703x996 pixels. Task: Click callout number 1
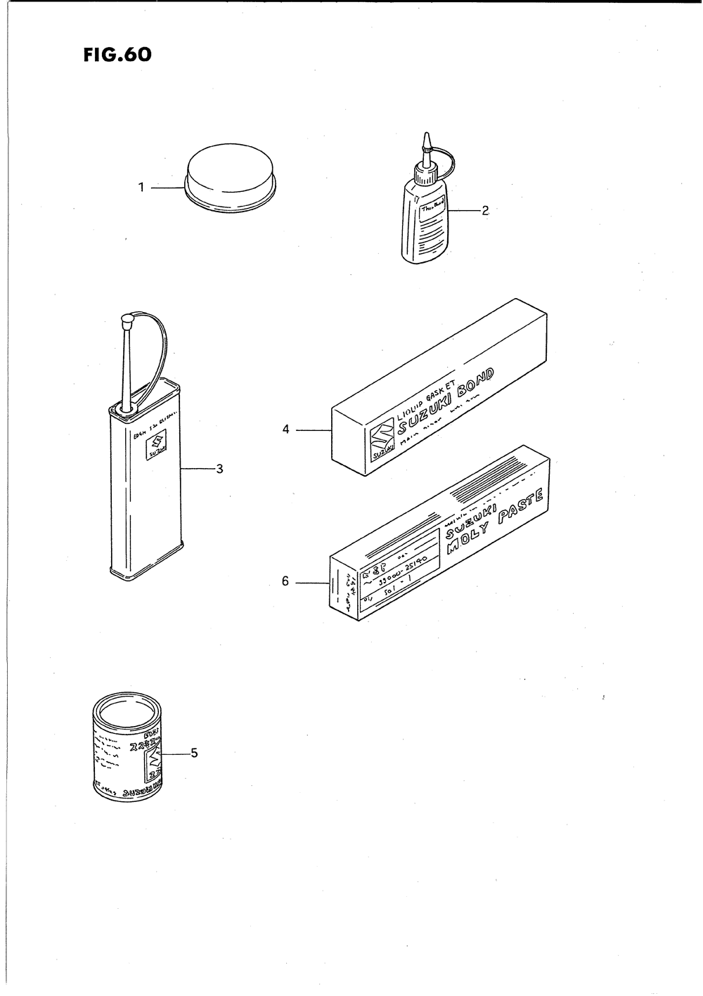click(141, 188)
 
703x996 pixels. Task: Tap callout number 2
click(484, 210)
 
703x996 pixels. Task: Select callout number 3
click(219, 469)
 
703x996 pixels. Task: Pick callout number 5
click(194, 754)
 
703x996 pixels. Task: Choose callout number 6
click(285, 581)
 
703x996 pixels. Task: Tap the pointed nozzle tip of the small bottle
click(425, 142)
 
